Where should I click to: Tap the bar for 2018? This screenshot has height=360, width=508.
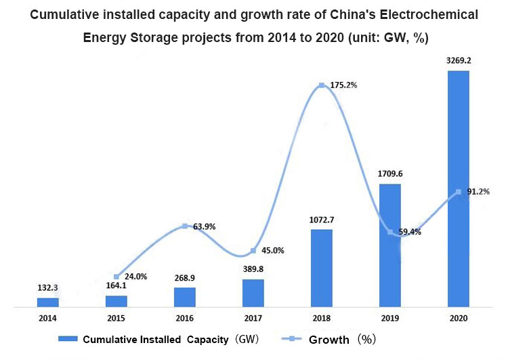(321, 268)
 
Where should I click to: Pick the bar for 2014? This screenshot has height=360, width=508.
(47, 302)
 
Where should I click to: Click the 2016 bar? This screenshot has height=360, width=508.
(184, 297)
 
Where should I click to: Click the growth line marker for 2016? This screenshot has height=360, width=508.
(185, 226)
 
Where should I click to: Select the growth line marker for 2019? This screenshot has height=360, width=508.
(390, 233)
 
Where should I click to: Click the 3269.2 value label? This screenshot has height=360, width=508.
(458, 60)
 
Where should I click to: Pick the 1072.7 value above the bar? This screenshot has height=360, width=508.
(321, 220)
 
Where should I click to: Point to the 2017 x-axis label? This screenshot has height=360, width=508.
(253, 318)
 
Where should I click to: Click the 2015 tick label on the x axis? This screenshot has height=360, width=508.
(116, 318)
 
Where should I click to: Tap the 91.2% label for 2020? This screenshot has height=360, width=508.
(479, 192)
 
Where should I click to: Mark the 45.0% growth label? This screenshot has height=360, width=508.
(272, 250)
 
